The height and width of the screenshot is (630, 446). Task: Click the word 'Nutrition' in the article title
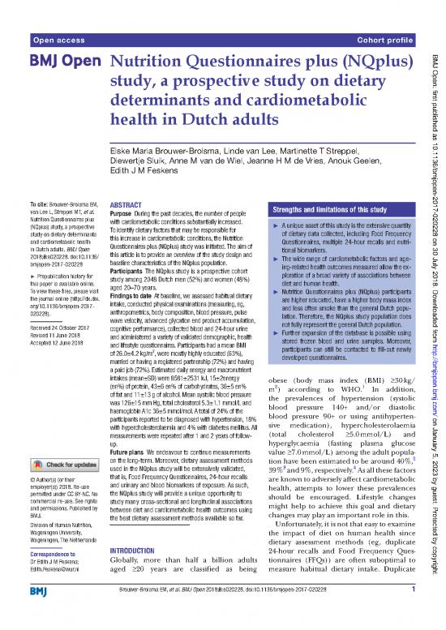coord(151,64)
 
